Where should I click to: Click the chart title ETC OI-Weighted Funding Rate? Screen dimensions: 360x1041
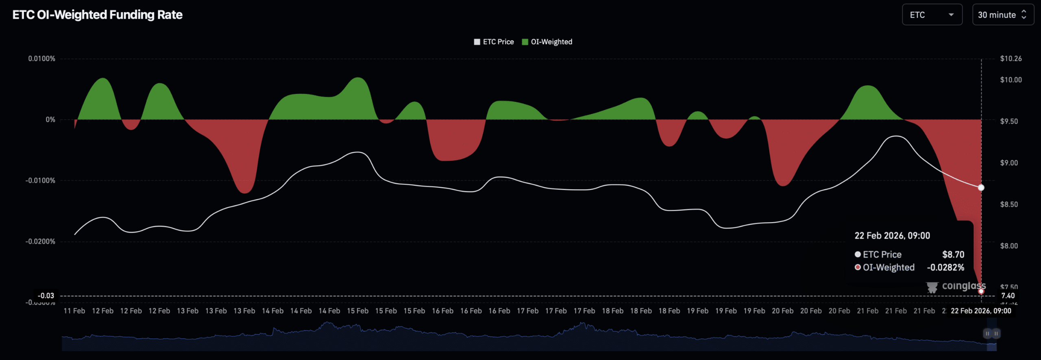[97, 15]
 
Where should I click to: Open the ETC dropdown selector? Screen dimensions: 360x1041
[932, 15]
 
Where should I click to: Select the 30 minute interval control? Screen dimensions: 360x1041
[1002, 15]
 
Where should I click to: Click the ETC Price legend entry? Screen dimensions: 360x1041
[494, 42]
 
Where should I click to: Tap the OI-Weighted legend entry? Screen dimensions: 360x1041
[547, 42]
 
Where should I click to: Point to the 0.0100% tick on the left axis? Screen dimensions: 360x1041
[41, 59]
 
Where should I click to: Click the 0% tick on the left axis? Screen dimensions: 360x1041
[50, 120]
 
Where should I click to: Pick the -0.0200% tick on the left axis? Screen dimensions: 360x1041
[40, 241]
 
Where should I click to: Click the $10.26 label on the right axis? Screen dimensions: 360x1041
[1011, 59]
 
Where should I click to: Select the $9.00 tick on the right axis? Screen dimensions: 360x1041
[1009, 163]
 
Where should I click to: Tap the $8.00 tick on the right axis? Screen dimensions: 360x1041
[1009, 246]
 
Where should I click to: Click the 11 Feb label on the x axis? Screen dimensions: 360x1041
[74, 311]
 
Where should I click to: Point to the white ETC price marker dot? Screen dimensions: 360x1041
[981, 188]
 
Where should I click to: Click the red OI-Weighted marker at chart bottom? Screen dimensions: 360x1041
[981, 291]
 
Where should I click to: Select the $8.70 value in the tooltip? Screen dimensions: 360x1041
[953, 255]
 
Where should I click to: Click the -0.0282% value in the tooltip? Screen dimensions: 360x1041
[945, 268]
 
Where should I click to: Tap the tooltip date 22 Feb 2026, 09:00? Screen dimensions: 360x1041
[892, 236]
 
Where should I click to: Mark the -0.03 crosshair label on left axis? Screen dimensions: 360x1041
[46, 296]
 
